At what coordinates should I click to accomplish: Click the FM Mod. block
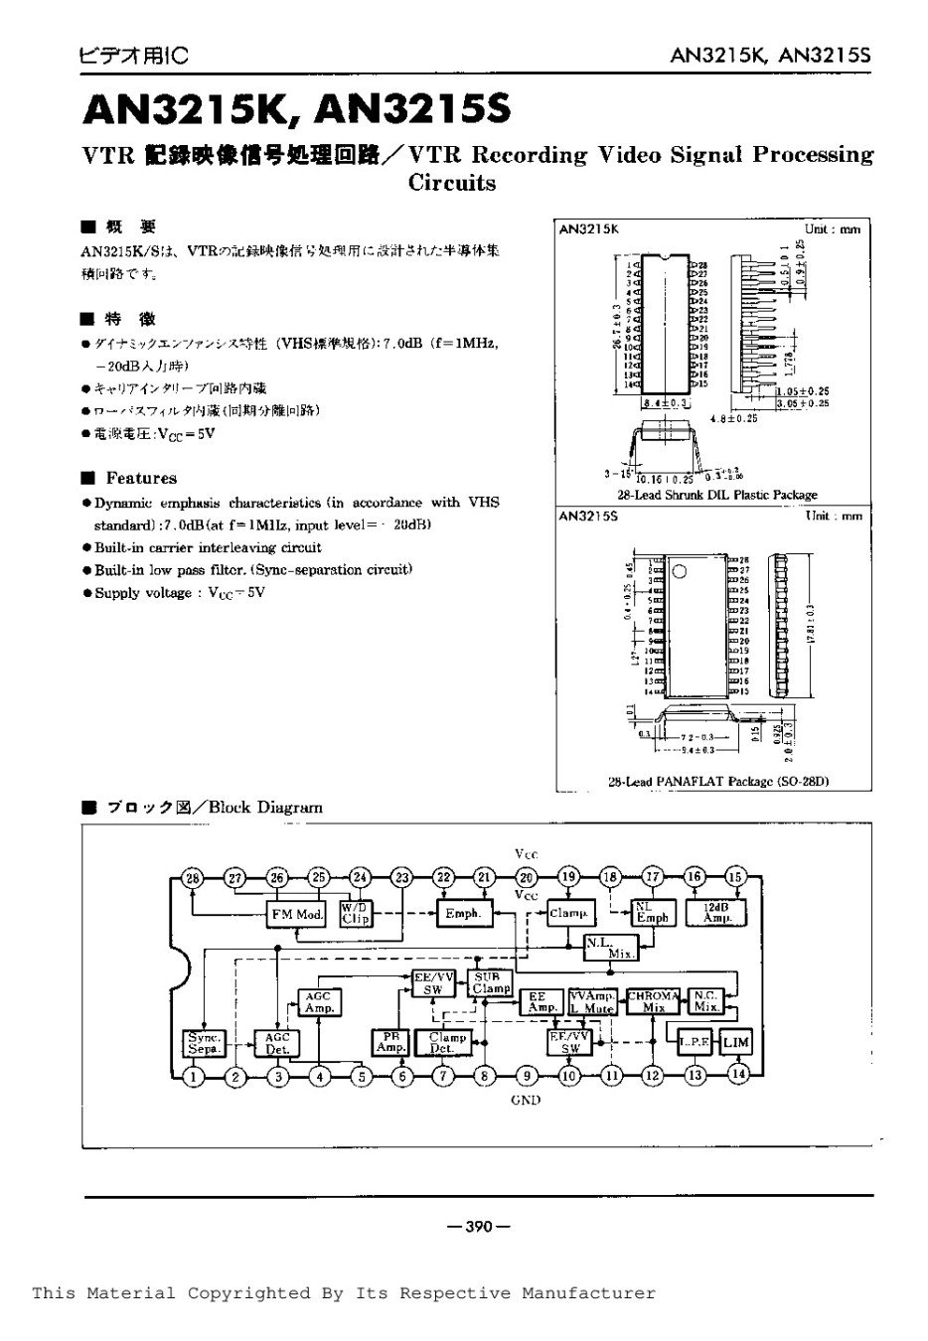[297, 914]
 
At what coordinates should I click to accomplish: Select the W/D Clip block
[355, 914]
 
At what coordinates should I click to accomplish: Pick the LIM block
[736, 1042]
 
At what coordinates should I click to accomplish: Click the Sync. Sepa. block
[204, 1042]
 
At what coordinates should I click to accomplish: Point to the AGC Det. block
[276, 1042]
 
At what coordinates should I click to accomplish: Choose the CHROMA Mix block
[653, 1000]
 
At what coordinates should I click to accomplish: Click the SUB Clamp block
[491, 982]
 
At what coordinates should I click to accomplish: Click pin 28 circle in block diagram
[193, 877]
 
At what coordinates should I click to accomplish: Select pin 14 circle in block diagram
[737, 1074]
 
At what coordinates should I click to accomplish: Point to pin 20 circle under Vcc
[527, 877]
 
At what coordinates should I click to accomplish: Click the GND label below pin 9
[526, 1100]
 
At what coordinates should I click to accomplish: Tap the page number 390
[478, 1227]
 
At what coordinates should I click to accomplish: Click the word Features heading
[141, 478]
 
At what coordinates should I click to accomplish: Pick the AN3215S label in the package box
[588, 517]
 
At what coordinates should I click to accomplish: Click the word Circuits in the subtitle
[452, 183]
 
